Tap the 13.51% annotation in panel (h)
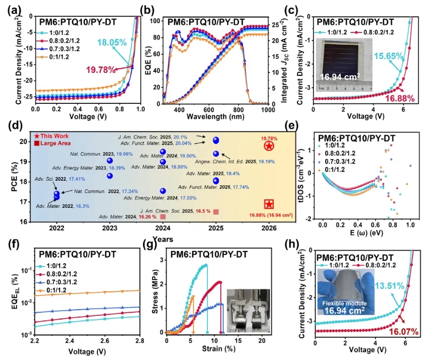tap(390, 286)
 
